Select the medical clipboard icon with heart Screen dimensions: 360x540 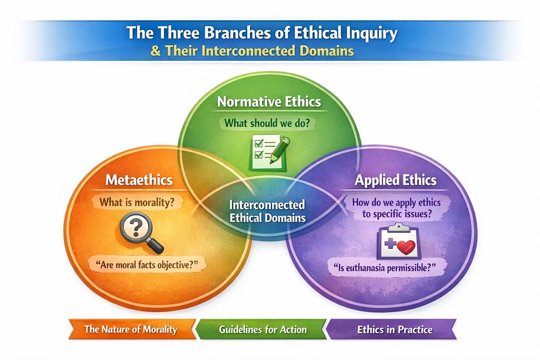(x=398, y=242)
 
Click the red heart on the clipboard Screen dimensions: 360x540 (x=406, y=247)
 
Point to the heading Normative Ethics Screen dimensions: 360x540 (x=269, y=102)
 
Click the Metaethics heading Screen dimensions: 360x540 (x=139, y=180)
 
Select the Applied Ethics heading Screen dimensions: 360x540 (x=395, y=180)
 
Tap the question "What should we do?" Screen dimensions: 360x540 (x=267, y=123)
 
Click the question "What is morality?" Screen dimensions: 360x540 (x=136, y=202)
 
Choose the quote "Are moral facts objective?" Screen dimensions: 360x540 (x=147, y=265)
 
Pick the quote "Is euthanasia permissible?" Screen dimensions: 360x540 (x=385, y=268)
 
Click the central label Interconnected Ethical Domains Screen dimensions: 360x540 (x=267, y=211)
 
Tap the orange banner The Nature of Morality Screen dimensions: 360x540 (x=131, y=329)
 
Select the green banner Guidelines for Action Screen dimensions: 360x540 (x=263, y=329)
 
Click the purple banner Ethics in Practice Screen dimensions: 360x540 (x=394, y=329)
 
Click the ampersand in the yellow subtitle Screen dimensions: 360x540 (x=155, y=51)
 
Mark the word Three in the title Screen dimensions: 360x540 (x=179, y=33)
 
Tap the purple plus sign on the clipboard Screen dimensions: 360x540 (x=390, y=243)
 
